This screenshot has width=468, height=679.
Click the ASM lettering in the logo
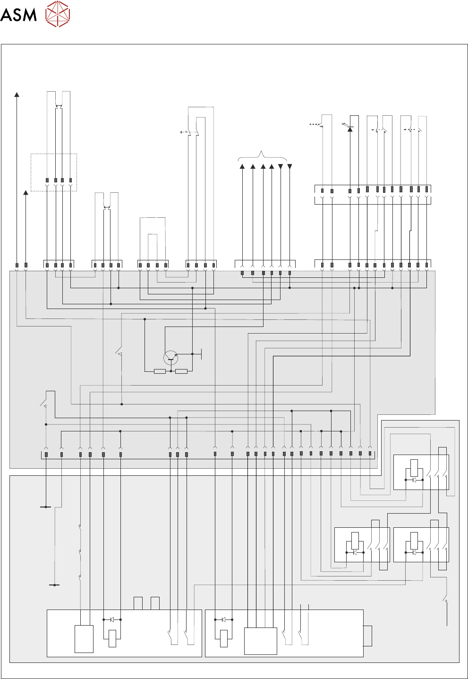coord(18,15)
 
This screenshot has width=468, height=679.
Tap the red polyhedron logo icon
coord(58,14)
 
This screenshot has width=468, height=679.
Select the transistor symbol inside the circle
coord(170,358)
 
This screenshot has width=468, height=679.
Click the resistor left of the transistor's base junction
coord(160,371)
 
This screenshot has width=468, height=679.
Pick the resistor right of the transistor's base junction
coord(181,371)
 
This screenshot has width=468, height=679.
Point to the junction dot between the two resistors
coord(171,371)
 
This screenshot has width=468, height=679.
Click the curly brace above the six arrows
coord(262,155)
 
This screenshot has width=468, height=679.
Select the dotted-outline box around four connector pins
coord(54,172)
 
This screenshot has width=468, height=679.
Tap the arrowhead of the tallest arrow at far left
coord(17,95)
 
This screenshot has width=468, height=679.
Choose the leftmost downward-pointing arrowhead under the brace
coord(281,166)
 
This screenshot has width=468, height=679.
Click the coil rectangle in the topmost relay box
coord(414,467)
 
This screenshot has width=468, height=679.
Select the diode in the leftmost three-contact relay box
coord(355,552)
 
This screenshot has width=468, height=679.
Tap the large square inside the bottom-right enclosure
coord(260,641)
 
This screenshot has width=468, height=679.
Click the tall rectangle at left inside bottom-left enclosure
coord(84,639)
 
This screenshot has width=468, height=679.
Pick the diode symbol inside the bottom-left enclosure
coord(112,619)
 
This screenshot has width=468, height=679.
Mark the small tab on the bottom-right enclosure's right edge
coord(367,636)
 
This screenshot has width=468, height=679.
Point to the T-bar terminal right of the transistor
coord(202,353)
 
